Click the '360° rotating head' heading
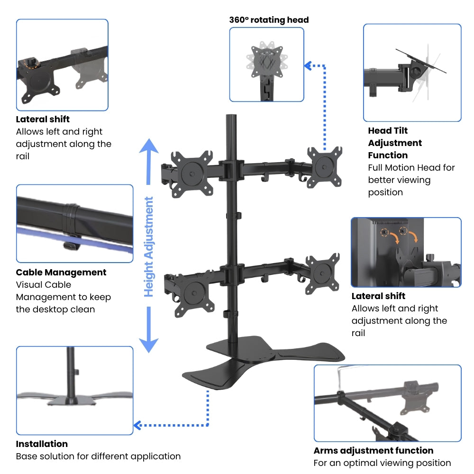coord(269,20)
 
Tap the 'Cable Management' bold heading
coord(61,273)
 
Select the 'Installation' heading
coord(42,444)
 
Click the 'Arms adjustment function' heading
coord(374,451)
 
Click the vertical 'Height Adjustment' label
coord(149,247)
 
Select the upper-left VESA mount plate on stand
coord(191,170)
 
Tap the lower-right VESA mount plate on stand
coord(322,272)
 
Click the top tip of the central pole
coord(232,116)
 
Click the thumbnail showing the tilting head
coord(412,73)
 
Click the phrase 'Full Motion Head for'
coord(411,168)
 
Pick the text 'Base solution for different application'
coord(98,456)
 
